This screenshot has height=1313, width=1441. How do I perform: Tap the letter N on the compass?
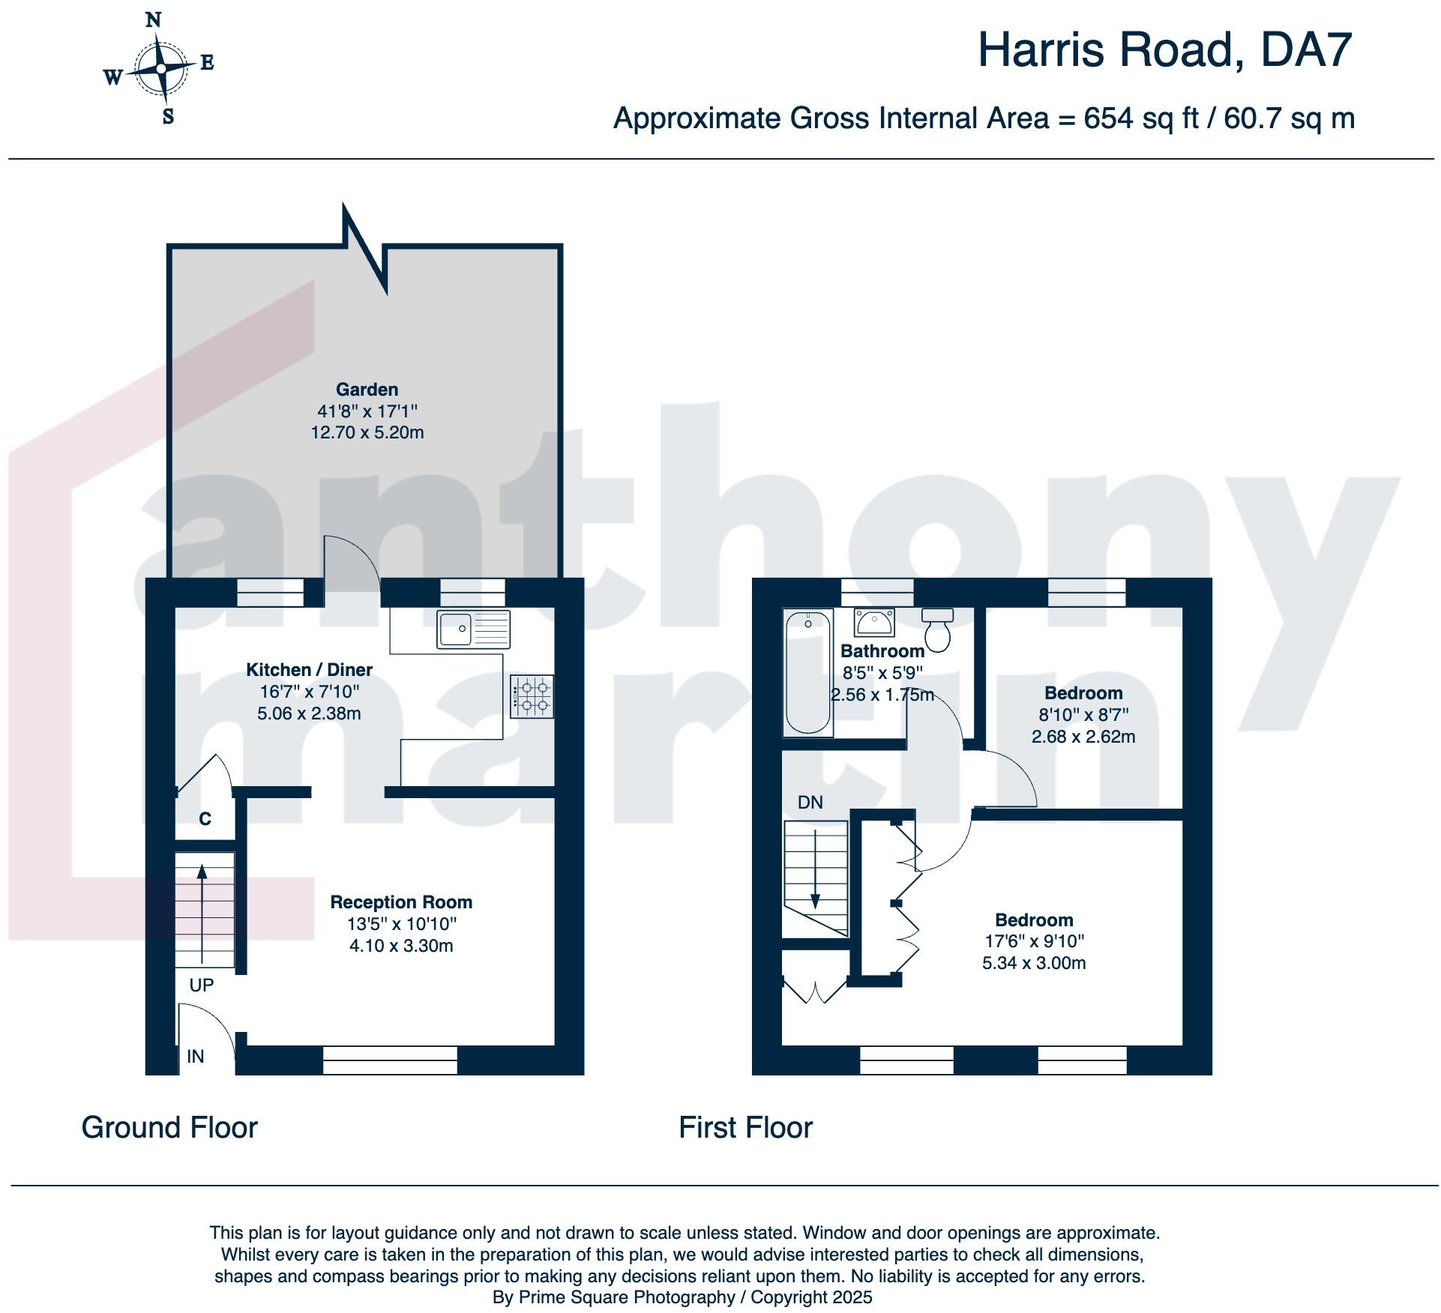pyautogui.click(x=153, y=20)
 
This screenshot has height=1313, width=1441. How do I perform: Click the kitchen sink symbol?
pyautogui.click(x=473, y=629)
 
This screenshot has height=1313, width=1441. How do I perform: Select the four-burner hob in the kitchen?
pyautogui.click(x=532, y=696)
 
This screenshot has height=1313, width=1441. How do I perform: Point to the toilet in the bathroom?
pyautogui.click(x=937, y=630)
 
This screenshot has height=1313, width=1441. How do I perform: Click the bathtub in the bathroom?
pyautogui.click(x=808, y=671)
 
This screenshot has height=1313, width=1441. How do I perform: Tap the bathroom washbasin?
pyautogui.click(x=873, y=622)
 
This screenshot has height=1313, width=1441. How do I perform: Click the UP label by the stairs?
pyautogui.click(x=201, y=985)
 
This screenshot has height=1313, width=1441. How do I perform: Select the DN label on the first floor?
pyautogui.click(x=810, y=803)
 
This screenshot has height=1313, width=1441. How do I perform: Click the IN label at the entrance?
pyautogui.click(x=195, y=1056)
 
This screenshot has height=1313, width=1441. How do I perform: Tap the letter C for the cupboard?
pyautogui.click(x=205, y=819)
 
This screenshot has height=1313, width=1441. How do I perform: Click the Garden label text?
pyautogui.click(x=367, y=389)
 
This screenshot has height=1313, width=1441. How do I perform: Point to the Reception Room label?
pyautogui.click(x=401, y=902)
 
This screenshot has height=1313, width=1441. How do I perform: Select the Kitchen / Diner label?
pyautogui.click(x=309, y=669)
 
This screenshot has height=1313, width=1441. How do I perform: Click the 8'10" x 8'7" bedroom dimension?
pyautogui.click(x=1083, y=715)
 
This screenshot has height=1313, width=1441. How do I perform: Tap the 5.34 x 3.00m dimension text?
pyautogui.click(x=1034, y=963)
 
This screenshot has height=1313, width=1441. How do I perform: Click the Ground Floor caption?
pyautogui.click(x=169, y=1128)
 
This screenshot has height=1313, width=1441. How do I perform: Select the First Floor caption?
pyautogui.click(x=745, y=1128)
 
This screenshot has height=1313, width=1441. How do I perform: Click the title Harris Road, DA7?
pyautogui.click(x=1164, y=50)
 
